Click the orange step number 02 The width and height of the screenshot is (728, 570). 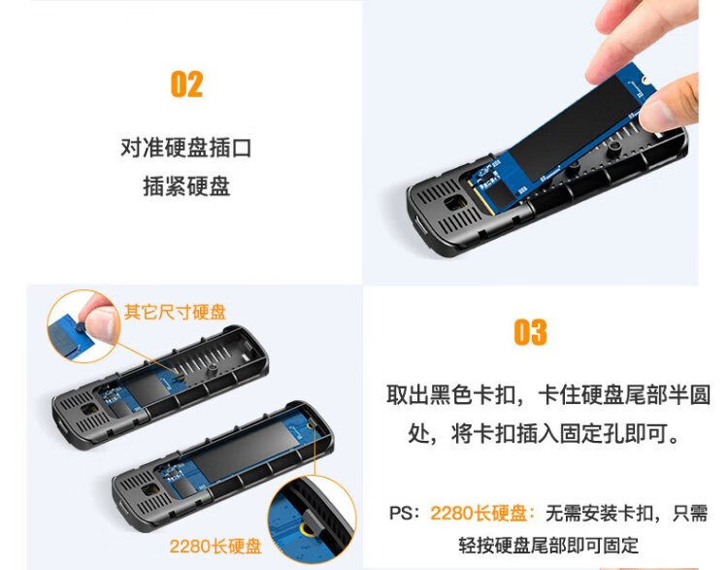[186, 84]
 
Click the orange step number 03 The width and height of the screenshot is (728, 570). [530, 332]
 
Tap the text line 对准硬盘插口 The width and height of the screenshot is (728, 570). [186, 148]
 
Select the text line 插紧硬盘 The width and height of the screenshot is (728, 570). [186, 186]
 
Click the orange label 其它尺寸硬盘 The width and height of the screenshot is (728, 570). [175, 312]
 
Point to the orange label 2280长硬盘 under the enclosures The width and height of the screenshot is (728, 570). [215, 547]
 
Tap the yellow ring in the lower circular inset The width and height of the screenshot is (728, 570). [305, 528]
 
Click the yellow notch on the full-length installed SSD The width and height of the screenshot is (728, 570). [311, 425]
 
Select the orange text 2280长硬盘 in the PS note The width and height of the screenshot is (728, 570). [479, 514]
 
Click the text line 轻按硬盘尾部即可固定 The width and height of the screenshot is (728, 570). [548, 545]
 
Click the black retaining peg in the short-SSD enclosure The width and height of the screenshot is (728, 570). [213, 368]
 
